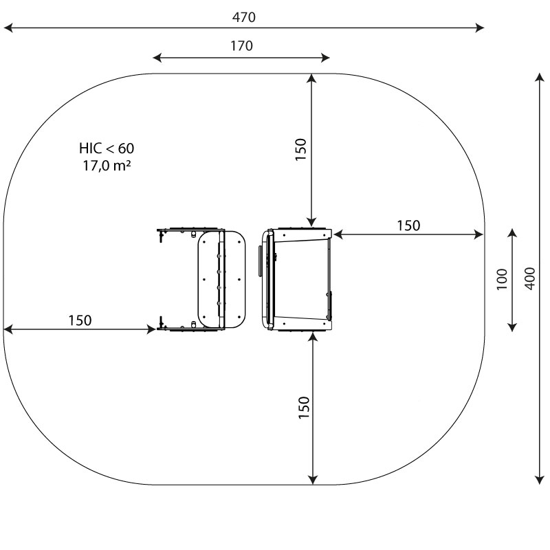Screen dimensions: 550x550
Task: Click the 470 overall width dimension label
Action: (x=244, y=17)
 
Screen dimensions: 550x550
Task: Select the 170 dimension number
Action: (x=241, y=46)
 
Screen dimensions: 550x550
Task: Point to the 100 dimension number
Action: (x=502, y=279)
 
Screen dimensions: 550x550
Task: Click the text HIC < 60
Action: (x=107, y=148)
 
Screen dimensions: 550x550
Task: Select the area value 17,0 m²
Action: (x=107, y=166)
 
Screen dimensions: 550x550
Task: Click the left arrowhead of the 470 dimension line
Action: (x=8, y=27)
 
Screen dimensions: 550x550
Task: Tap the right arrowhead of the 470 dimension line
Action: (x=479, y=27)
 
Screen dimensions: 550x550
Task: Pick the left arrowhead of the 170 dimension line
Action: (x=157, y=58)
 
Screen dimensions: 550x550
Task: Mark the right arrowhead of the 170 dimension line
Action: (x=324, y=58)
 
